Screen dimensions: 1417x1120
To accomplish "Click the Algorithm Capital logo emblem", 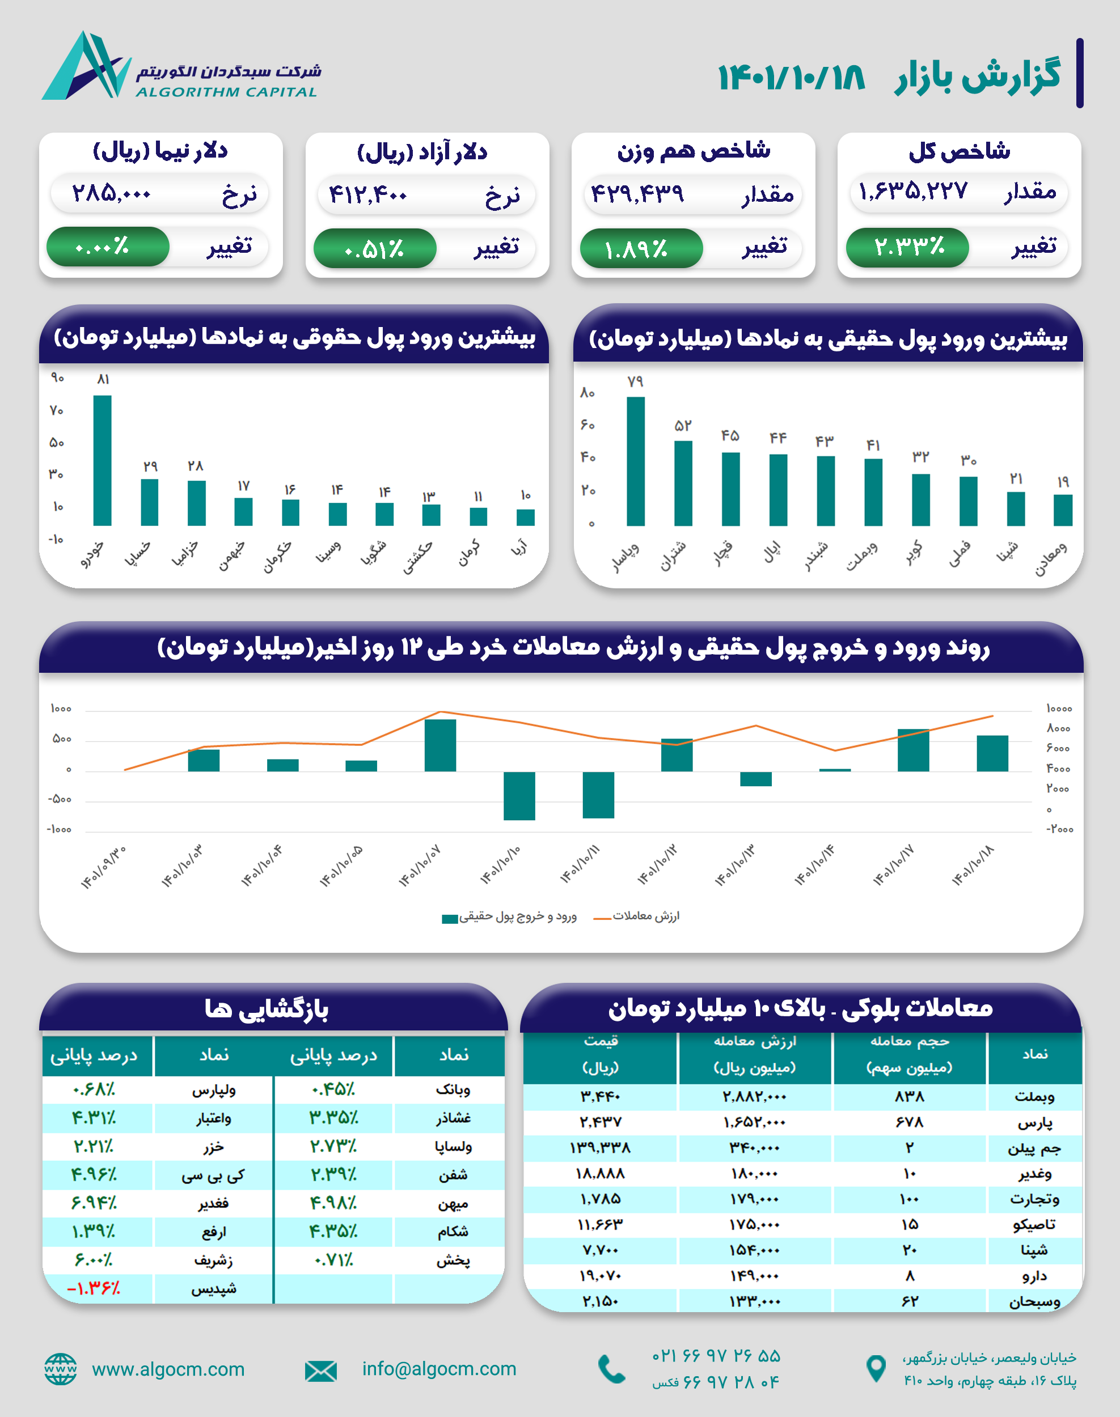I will pos(85,66).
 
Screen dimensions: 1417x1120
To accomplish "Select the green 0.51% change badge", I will pos(374,249).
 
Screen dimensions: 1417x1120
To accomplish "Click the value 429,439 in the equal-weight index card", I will pos(637,194).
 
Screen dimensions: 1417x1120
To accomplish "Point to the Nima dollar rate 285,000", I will pos(112,194).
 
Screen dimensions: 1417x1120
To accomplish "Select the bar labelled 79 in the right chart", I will pos(635,461).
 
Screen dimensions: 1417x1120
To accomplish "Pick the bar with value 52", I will pos(683,483).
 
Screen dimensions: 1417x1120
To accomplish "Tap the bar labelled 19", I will pos(1063,510).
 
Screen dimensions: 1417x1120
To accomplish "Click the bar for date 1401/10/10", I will pos(519,796).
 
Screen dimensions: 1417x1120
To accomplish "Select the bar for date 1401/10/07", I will pos(440,745).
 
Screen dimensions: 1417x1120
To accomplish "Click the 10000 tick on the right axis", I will pos(1059,708).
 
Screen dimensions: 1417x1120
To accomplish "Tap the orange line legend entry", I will pos(637,917).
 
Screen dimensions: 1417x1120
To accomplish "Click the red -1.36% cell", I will pos(94,1288).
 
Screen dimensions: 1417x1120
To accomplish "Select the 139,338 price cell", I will pos(600,1148).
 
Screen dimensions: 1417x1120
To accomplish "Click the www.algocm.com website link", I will pos(168,1369).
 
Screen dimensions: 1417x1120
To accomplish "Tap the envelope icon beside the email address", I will pos(320,1371).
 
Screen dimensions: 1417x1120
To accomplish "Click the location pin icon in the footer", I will pos(876,1368).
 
